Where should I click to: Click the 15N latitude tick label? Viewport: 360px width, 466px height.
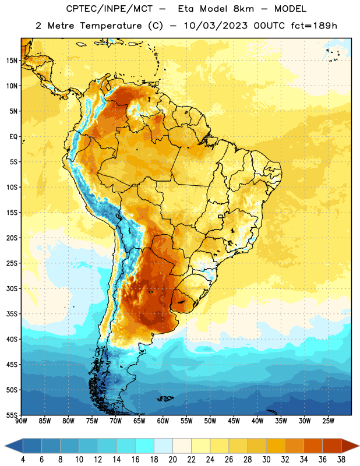pos(12,61)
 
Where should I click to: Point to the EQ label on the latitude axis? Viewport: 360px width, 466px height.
pos(13,137)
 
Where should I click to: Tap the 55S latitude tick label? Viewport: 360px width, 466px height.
pos(12,415)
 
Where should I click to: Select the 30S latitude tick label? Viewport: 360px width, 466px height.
pos(12,288)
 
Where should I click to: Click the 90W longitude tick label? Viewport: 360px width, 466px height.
pos(22,421)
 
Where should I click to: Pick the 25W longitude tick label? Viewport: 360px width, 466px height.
pos(328,421)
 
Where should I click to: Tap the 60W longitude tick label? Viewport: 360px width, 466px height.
pos(163,421)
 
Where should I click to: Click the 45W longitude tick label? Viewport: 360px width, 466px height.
pos(234,421)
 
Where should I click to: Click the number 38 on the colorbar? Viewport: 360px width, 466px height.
pos(341,460)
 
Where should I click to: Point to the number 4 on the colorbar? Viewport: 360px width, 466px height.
pos(23,460)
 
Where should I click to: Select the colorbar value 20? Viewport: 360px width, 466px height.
pos(172,460)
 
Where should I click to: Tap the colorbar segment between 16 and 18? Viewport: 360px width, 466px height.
pos(145,446)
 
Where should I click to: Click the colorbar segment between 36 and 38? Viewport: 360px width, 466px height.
pos(332,446)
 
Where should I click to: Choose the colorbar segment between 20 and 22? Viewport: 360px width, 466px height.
pos(182,446)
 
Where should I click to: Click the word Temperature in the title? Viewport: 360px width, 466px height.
pos(111,26)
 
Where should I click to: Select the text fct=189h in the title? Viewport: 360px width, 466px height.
pos(314,26)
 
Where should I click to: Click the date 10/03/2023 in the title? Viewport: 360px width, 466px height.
pos(216,26)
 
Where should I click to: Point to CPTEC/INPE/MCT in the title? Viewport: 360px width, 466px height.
pos(109,9)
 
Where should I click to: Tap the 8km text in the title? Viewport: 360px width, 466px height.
pos(243,9)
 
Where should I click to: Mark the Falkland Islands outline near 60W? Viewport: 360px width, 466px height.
pos(165,398)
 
